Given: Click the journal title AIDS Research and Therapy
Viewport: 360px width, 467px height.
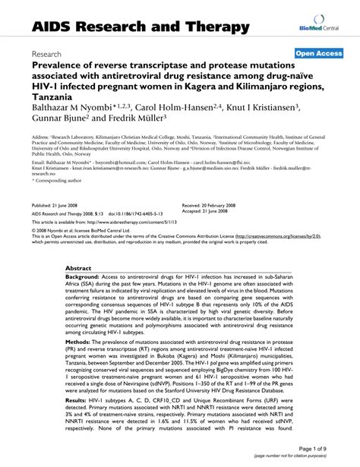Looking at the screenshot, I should (141, 27).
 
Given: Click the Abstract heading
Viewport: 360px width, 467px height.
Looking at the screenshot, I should (79, 269).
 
